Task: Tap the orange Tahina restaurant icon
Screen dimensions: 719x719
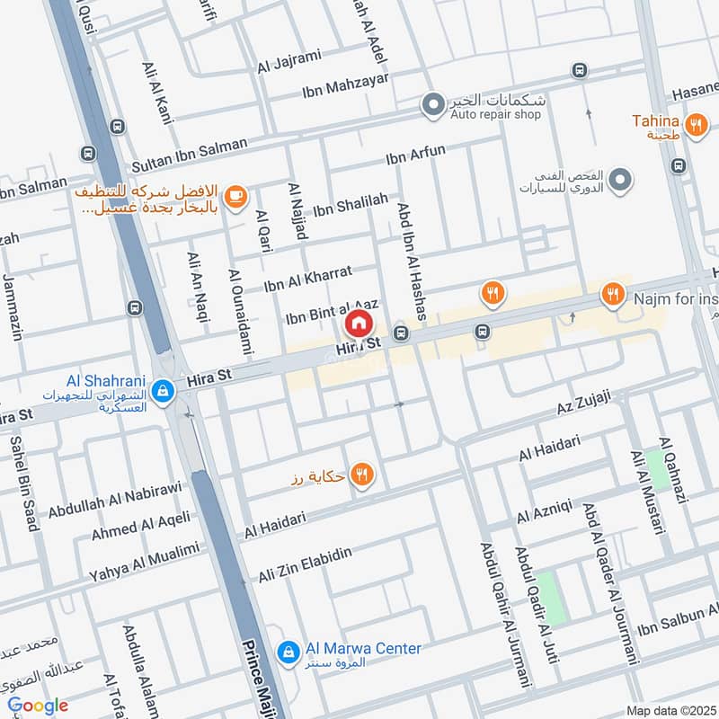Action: pos(695,126)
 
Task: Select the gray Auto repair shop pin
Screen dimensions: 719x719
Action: pos(434,106)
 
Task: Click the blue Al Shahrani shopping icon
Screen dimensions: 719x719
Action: pos(163,391)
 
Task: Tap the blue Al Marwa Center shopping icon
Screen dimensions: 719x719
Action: pos(287,652)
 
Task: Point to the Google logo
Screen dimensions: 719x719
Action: pos(38,706)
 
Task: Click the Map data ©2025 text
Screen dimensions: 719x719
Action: pos(670,710)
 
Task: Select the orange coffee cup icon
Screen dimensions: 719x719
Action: pos(235,197)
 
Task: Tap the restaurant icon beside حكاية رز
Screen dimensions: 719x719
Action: pos(362,475)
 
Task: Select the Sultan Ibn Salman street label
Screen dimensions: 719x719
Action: pos(188,161)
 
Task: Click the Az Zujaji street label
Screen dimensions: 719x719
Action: pos(583,402)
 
